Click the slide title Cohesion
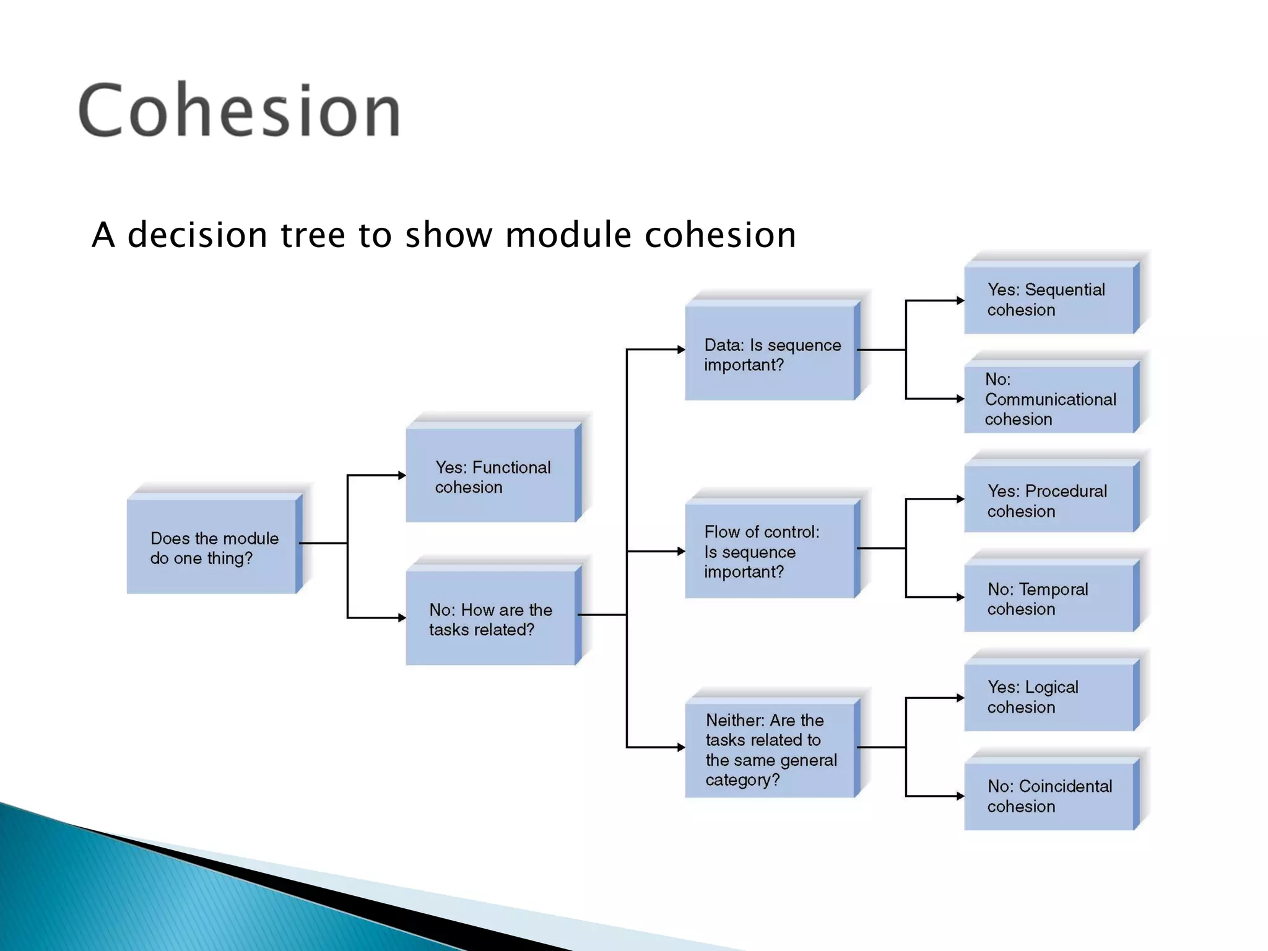click(x=239, y=110)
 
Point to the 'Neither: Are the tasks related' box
click(x=770, y=750)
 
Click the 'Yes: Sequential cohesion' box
click(x=1049, y=300)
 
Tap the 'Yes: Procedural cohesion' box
click(x=1049, y=501)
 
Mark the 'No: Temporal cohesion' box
click(x=1049, y=599)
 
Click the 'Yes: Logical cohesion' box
click(x=1049, y=697)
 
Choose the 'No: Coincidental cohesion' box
click(x=1049, y=796)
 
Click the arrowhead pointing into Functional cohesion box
click(x=402, y=475)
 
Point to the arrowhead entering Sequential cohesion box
click(x=960, y=301)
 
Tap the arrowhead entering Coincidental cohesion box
click(x=960, y=796)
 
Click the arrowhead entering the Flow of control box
click(x=681, y=551)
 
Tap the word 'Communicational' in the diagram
click(x=1050, y=399)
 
